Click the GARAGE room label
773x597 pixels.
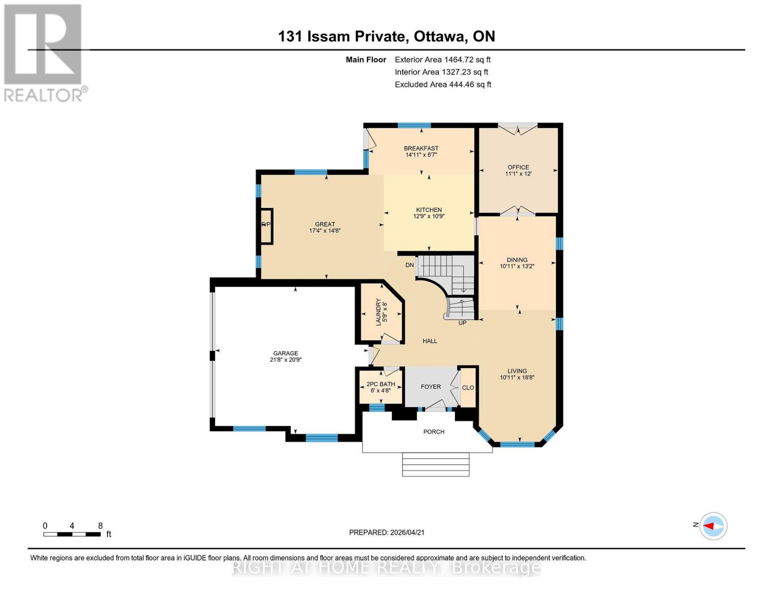[285, 353]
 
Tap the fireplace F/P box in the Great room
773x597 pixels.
[266, 225]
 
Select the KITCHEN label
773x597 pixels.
[429, 210]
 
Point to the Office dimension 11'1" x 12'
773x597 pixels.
[518, 174]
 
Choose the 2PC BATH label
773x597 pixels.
[381, 384]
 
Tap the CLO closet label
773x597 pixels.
[468, 388]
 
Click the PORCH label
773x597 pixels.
[434, 432]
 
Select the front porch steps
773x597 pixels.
[436, 464]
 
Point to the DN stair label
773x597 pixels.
[410, 265]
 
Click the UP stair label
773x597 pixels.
[462, 323]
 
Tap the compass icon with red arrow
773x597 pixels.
[713, 526]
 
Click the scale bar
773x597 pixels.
[72, 534]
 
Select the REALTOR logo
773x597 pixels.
[44, 53]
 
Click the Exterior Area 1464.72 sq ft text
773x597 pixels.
[442, 60]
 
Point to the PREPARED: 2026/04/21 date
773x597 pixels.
[387, 532]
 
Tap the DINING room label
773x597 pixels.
[517, 260]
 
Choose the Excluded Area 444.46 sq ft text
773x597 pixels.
[442, 85]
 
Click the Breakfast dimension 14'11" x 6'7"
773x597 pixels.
[421, 155]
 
